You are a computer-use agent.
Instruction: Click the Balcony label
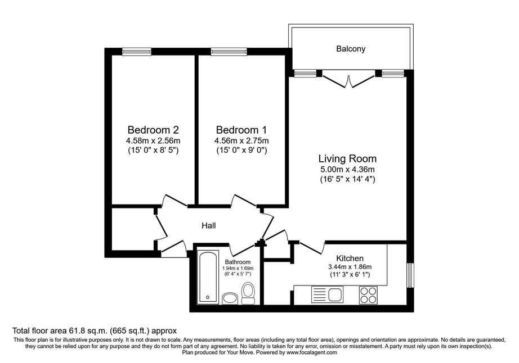click(351, 49)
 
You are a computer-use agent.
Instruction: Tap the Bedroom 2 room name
click(153, 129)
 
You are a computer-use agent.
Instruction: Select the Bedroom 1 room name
click(241, 129)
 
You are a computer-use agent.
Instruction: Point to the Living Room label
click(347, 159)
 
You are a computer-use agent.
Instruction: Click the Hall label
click(209, 225)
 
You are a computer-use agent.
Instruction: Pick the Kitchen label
click(350, 258)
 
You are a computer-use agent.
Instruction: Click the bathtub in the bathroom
click(208, 277)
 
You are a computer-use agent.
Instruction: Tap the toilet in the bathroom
click(248, 293)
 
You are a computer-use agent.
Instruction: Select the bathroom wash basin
click(230, 298)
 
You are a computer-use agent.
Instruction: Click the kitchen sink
click(328, 294)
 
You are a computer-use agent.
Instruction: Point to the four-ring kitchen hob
click(368, 294)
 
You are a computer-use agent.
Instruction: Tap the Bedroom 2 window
click(137, 52)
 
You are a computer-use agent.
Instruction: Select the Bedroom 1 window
click(229, 52)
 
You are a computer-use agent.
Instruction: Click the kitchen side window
click(410, 275)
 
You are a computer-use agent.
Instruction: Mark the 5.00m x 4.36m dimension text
click(347, 170)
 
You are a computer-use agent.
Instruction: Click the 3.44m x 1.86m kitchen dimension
click(350, 267)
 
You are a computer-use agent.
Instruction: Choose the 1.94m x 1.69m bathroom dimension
click(238, 268)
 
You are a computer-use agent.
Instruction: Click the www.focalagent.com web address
click(312, 352)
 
